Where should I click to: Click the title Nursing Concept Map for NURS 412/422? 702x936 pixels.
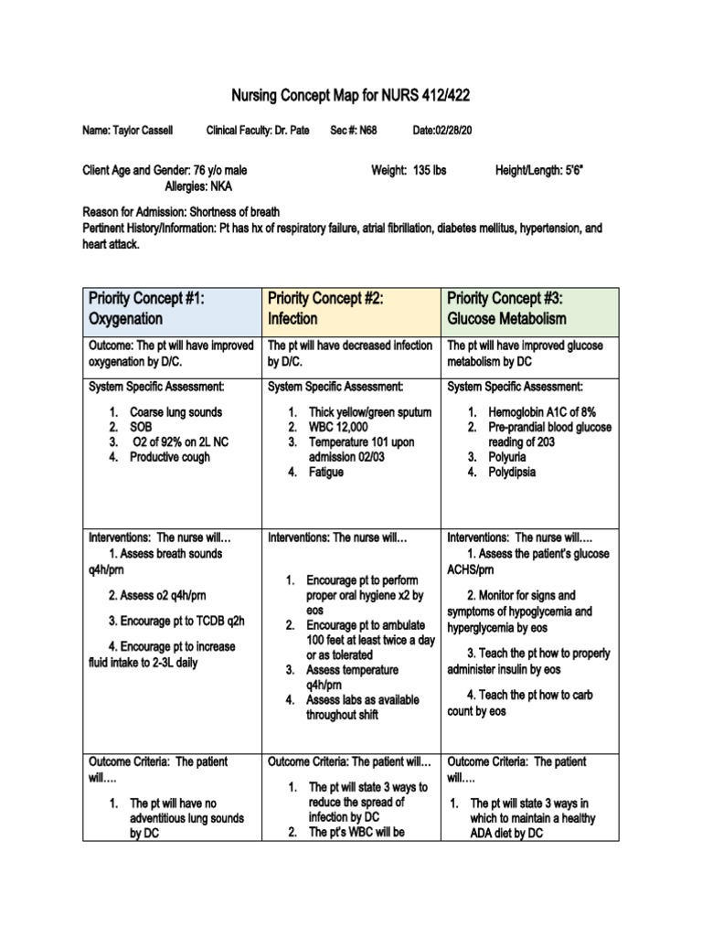click(351, 95)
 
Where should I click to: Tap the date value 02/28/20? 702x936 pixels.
click(454, 132)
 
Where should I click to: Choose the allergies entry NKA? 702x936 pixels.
click(221, 186)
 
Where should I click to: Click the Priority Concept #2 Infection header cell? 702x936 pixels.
click(351, 309)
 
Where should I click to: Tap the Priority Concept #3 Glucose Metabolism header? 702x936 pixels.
click(529, 309)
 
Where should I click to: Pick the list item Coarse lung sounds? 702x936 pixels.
click(175, 412)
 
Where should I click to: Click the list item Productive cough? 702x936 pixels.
click(170, 457)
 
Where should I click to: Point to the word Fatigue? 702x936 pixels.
click(325, 472)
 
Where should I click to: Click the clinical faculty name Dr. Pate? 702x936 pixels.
click(292, 132)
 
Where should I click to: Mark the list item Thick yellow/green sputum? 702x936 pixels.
click(369, 412)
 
